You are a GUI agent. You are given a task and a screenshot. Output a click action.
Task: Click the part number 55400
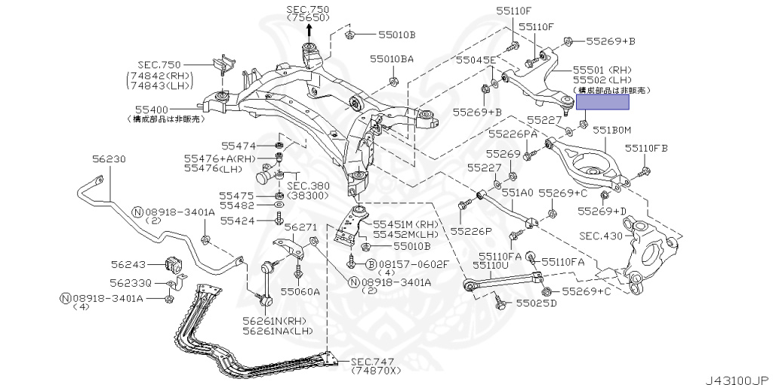(152, 109)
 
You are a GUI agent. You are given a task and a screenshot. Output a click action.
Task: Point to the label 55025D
(536, 303)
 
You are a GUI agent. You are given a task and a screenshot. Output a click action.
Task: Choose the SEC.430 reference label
(601, 236)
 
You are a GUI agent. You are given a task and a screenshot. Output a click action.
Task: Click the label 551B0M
(611, 130)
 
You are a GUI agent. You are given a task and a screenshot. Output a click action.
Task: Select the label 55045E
(476, 60)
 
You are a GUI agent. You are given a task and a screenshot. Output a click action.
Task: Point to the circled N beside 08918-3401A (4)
(66, 298)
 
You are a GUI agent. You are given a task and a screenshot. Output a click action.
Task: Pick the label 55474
(239, 145)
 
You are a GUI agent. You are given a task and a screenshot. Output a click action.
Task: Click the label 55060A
(300, 291)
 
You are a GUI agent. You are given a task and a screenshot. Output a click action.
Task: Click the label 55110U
(491, 266)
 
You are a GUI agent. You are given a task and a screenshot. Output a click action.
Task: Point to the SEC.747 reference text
(368, 362)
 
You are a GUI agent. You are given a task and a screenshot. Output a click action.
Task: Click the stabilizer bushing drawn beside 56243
(174, 265)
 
